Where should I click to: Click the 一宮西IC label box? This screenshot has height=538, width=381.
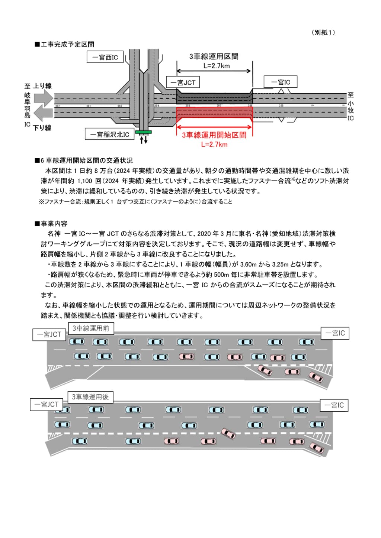pyautogui.click(x=105, y=57)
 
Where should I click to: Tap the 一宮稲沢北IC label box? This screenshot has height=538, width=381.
pyautogui.click(x=110, y=134)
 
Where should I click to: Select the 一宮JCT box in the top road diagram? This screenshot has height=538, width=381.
pyautogui.click(x=183, y=82)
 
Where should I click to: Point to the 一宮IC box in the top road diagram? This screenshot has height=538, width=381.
pyautogui.click(x=281, y=82)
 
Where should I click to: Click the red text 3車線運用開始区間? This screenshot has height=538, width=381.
pyautogui.click(x=214, y=135)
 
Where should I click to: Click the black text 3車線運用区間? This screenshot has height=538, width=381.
pyautogui.click(x=214, y=56)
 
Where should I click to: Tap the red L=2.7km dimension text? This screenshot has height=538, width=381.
pyautogui.click(x=214, y=145)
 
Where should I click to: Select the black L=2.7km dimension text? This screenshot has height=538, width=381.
pyautogui.click(x=217, y=66)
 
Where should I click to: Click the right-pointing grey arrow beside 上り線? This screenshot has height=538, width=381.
pyautogui.click(x=44, y=98)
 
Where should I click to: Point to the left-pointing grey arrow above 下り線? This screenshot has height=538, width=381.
pyautogui.click(x=43, y=113)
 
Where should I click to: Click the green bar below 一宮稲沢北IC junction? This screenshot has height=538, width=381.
pyautogui.click(x=143, y=132)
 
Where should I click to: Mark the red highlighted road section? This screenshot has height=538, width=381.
pyautogui.click(x=214, y=114)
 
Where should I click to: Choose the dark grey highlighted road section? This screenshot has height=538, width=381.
pyautogui.click(x=214, y=98)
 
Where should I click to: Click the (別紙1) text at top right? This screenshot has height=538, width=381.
pyautogui.click(x=323, y=32)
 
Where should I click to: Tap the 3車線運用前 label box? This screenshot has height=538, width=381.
pyautogui.click(x=91, y=328)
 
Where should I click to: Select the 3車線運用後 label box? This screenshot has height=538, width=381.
pyautogui.click(x=90, y=397)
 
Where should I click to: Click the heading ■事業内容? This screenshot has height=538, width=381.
pyautogui.click(x=51, y=224)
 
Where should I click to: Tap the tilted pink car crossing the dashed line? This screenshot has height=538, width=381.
pyautogui.click(x=228, y=433)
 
